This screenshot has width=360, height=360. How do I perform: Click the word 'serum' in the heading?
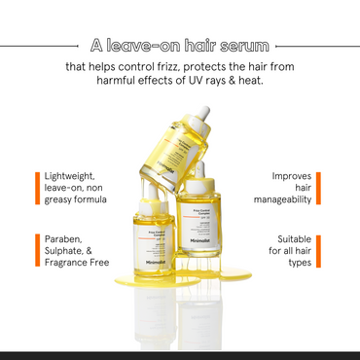click(243, 45)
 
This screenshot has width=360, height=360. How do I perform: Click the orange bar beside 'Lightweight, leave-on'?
click(35, 188)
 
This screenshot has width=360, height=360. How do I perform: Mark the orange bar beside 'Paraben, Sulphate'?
click(35, 249)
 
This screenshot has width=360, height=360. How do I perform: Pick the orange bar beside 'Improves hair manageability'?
click(324, 188)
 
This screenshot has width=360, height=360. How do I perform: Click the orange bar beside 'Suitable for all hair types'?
click(324, 249)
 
